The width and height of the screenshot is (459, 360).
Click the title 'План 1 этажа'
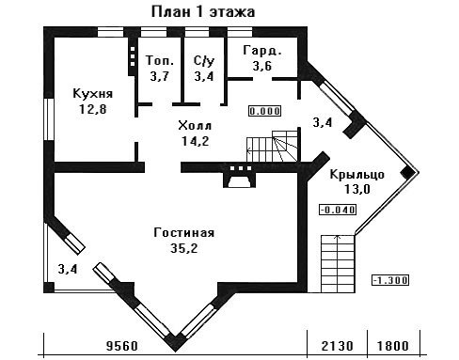click(203, 12)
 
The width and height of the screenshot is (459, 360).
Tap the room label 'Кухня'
click(93, 94)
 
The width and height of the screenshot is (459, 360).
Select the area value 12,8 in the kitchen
click(93, 109)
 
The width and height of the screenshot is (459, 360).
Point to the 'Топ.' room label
click(160, 60)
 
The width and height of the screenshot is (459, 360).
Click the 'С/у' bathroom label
click(204, 61)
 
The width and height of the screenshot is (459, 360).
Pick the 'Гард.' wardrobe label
click(262, 51)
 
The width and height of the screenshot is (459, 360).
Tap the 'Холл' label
click(195, 126)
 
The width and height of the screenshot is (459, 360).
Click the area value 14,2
click(196, 141)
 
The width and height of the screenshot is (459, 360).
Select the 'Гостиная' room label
click(184, 233)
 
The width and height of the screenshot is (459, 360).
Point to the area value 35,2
click(184, 248)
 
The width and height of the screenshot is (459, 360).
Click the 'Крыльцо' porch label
click(357, 175)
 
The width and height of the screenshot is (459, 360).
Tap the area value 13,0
click(357, 189)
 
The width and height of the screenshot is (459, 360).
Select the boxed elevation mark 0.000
click(265, 111)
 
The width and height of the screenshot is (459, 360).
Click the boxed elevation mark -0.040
click(338, 210)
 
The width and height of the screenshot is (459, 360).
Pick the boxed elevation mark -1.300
click(390, 280)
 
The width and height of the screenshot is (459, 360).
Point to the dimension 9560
click(122, 346)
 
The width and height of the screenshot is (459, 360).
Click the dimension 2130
click(338, 346)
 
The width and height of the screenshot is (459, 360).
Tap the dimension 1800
click(393, 346)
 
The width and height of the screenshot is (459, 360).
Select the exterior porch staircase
click(338, 264)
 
